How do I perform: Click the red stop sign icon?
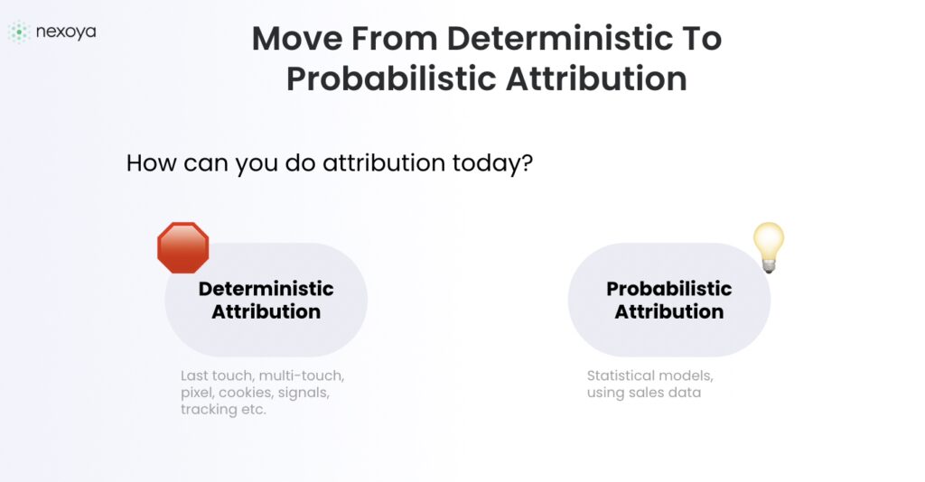(182, 247)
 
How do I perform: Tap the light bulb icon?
(769, 247)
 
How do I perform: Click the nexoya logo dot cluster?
(18, 32)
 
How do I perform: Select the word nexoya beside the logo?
(66, 32)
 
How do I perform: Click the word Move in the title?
(297, 38)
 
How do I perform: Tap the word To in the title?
(703, 38)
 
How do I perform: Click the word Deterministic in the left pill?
(266, 289)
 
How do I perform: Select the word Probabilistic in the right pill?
(669, 289)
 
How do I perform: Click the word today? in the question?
(492, 163)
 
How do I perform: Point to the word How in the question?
(152, 163)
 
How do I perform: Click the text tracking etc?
(224, 410)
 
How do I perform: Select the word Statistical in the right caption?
(620, 375)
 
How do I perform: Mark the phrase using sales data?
(644, 393)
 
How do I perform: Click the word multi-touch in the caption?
(302, 375)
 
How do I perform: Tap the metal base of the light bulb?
(768, 266)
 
